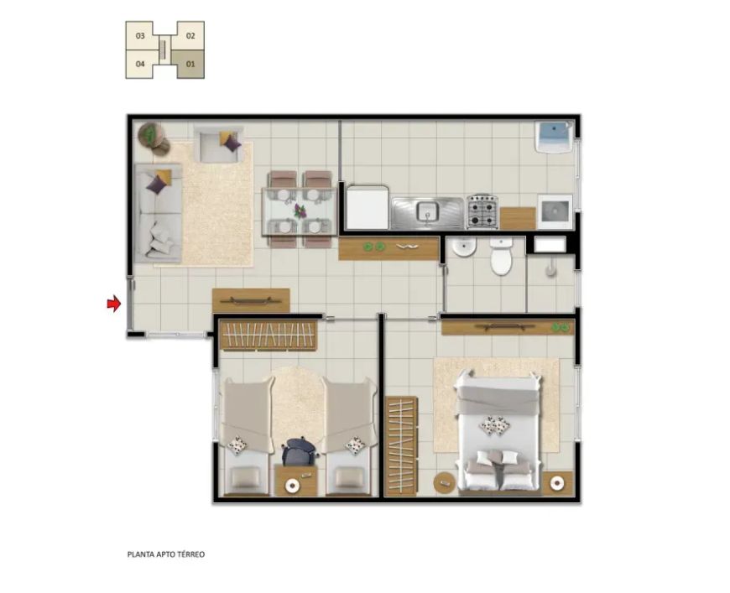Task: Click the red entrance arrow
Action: [x=113, y=304]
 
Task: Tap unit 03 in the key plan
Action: [x=140, y=35]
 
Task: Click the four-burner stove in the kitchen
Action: [x=482, y=211]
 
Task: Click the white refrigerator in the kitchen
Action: [x=368, y=207]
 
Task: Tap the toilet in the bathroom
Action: [x=501, y=256]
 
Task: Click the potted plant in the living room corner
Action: [x=151, y=135]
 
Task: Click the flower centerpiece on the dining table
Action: [x=300, y=211]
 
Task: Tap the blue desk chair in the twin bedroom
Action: [x=299, y=450]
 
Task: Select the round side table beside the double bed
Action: [x=444, y=483]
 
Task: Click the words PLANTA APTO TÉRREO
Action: [x=166, y=554]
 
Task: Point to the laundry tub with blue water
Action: [x=554, y=137]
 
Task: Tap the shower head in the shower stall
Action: [x=551, y=269]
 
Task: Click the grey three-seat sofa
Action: [x=158, y=213]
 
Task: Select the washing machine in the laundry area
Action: [x=555, y=211]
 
